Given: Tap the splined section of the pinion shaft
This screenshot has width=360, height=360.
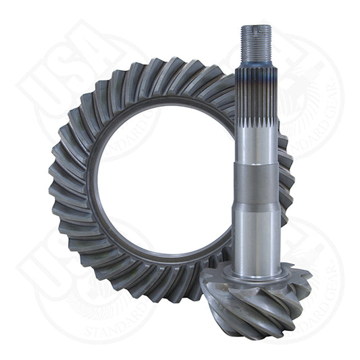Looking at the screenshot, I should (x=257, y=115).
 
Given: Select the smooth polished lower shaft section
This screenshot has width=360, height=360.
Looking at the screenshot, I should (x=257, y=230).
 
